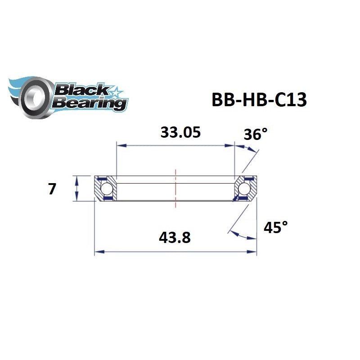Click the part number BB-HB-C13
(x=259, y=100)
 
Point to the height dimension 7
(x=52, y=189)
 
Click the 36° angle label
(x=255, y=134)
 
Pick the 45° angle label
(x=275, y=228)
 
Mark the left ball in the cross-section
(x=106, y=188)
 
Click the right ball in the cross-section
(x=245, y=188)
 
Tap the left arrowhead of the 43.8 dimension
(x=98, y=252)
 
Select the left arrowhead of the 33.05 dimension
(x=120, y=145)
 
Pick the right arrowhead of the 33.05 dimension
(x=231, y=145)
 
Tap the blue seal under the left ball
(x=107, y=198)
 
